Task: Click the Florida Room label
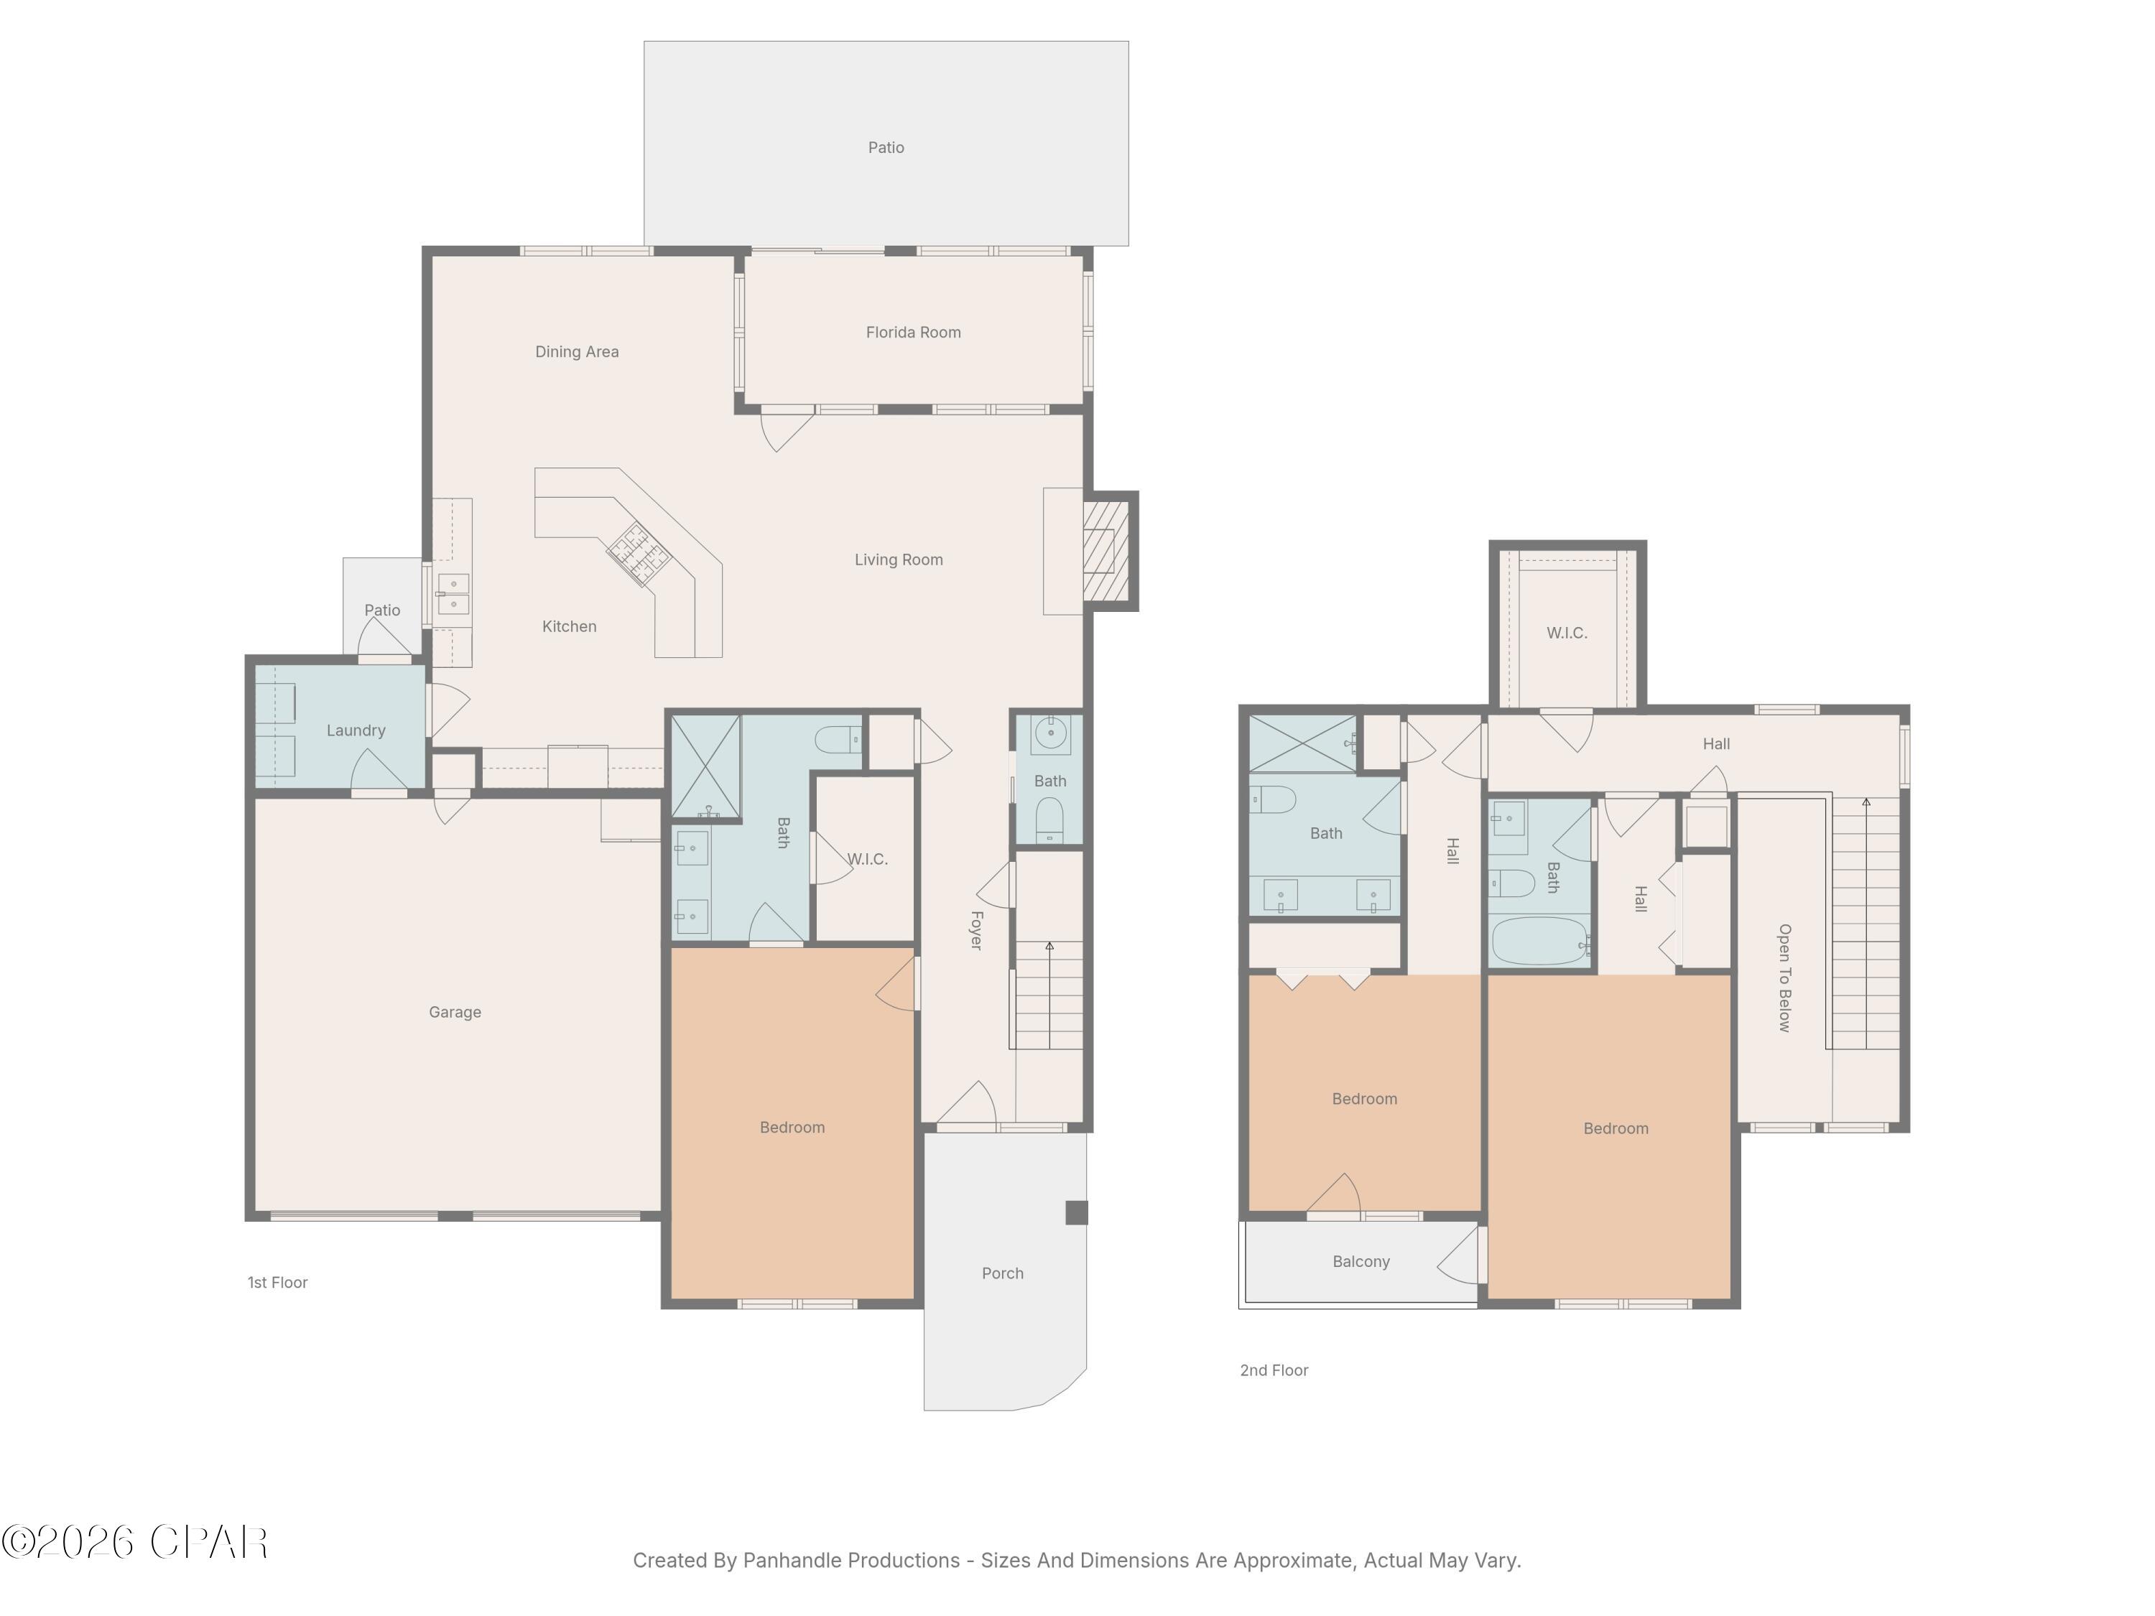point(913,332)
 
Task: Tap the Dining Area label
point(577,352)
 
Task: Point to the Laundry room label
point(356,730)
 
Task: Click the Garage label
point(455,1012)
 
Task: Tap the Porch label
point(1003,1273)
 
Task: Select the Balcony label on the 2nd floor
point(1361,1261)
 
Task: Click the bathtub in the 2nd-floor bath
point(1539,942)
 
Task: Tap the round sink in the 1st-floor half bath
point(1050,733)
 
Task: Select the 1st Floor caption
point(278,1283)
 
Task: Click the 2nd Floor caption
point(1274,1370)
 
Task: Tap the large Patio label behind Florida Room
point(886,148)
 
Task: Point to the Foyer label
point(976,930)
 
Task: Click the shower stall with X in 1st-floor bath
point(706,766)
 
